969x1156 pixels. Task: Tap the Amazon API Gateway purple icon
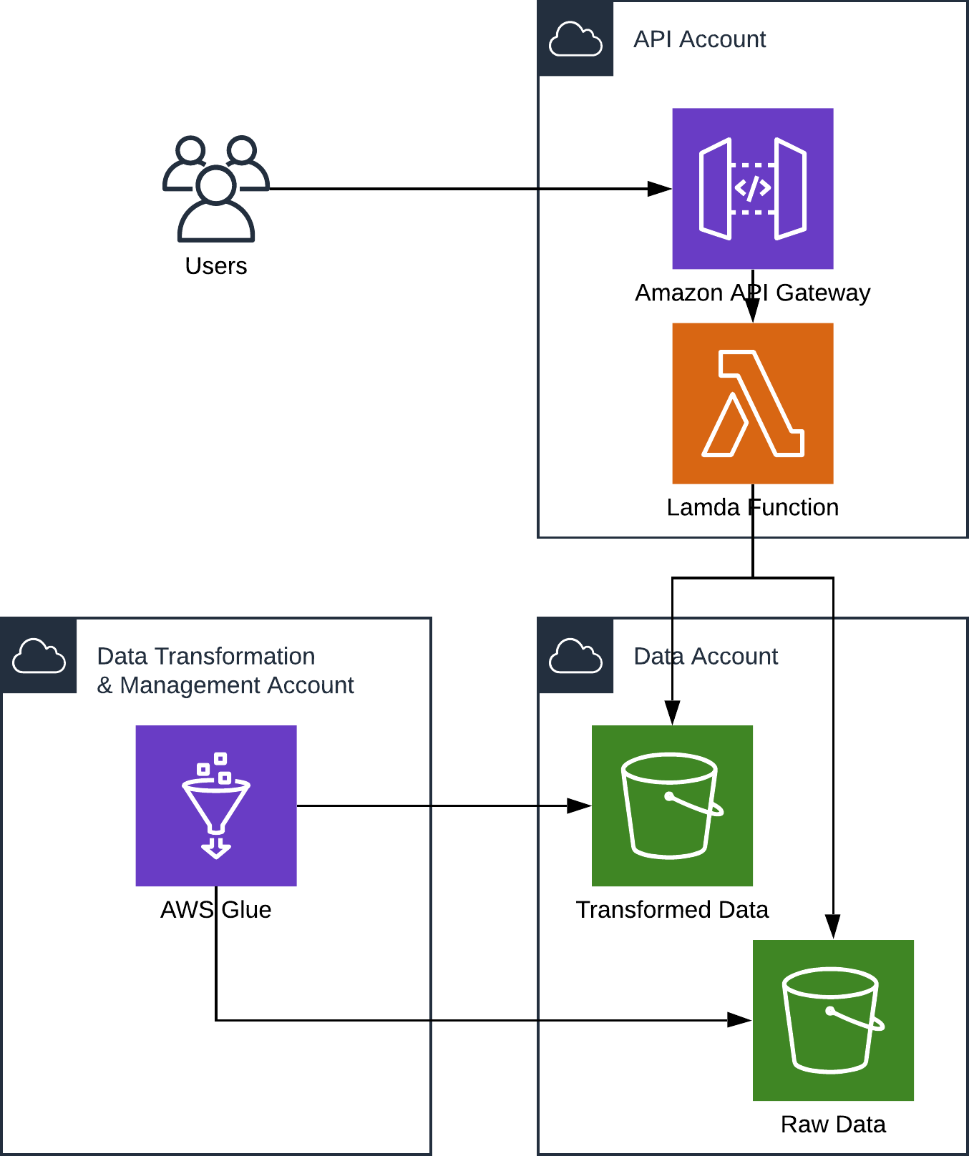point(752,189)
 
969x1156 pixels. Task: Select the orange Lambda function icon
point(752,403)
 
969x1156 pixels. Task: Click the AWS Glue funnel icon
point(216,805)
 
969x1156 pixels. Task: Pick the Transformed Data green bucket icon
point(672,805)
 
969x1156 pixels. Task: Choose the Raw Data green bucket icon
point(833,1020)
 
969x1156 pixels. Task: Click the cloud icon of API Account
point(575,39)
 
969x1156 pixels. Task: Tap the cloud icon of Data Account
point(575,655)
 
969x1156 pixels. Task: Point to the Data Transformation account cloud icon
point(39,655)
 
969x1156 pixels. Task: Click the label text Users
point(216,266)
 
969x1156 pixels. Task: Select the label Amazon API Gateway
point(752,293)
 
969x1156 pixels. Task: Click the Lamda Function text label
point(752,508)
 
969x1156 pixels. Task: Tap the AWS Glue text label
point(216,910)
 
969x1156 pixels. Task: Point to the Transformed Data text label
point(672,910)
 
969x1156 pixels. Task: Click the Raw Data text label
point(833,1125)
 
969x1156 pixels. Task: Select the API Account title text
point(699,39)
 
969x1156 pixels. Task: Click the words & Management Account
point(225,685)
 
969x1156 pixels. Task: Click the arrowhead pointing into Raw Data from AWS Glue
point(740,1020)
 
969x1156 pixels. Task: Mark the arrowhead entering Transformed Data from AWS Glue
point(579,805)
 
